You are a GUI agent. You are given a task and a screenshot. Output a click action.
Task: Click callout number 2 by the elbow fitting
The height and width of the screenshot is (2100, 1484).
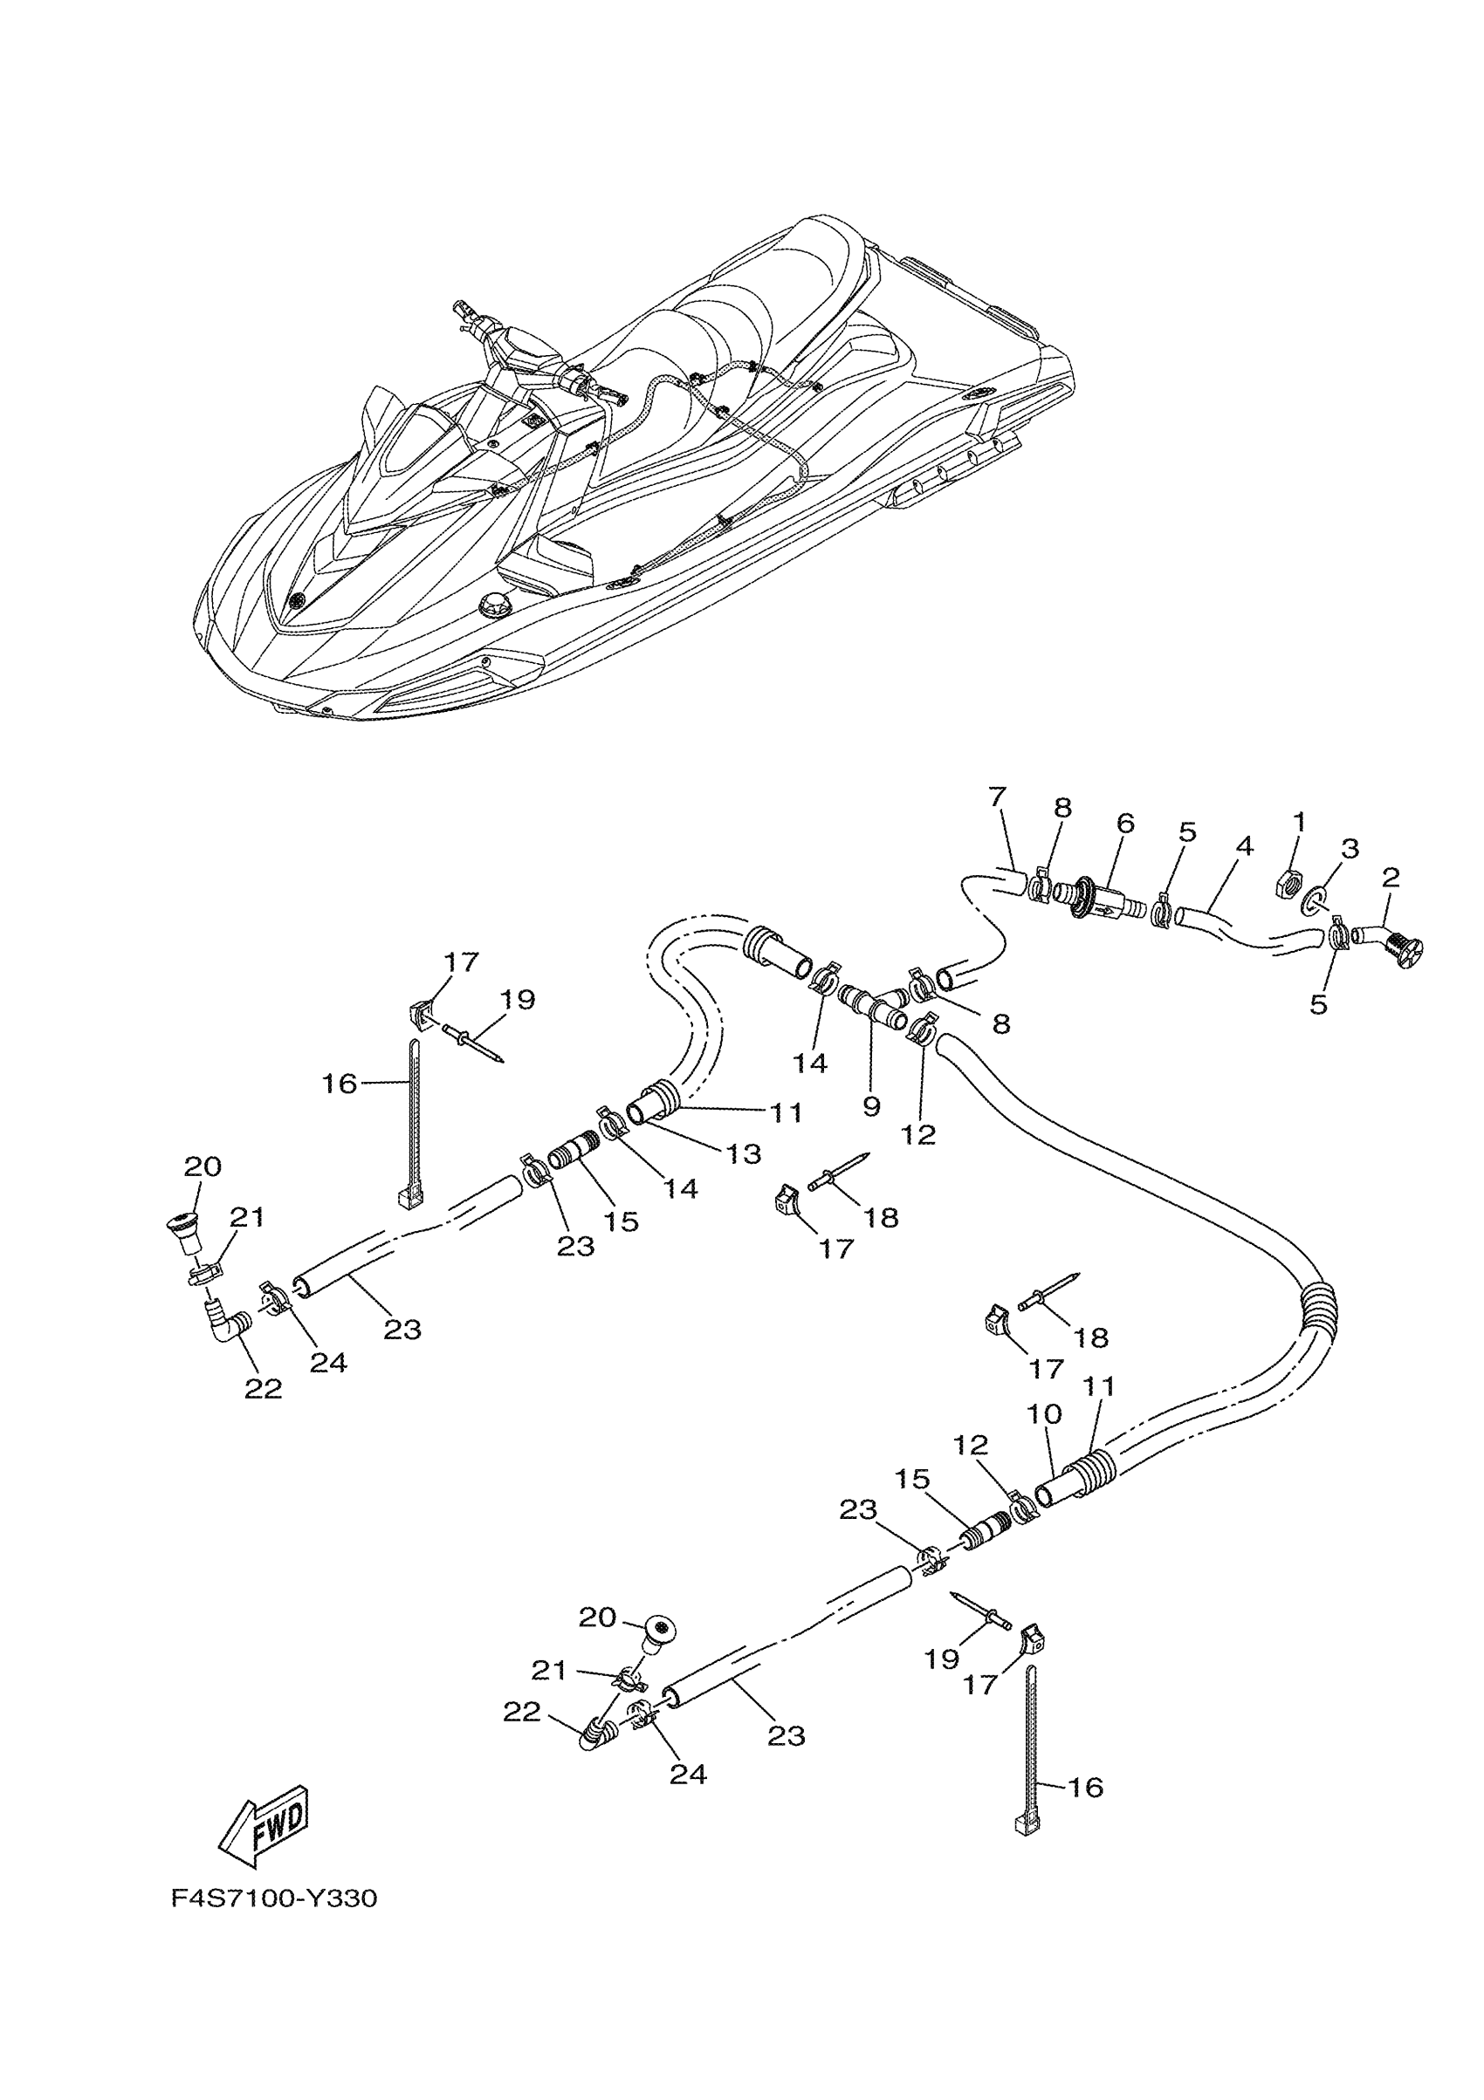pyautogui.click(x=1391, y=878)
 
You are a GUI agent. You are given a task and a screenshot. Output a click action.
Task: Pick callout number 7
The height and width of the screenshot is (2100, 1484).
pyautogui.click(x=997, y=796)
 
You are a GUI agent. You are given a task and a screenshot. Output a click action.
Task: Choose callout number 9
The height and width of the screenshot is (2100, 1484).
pyautogui.click(x=871, y=1105)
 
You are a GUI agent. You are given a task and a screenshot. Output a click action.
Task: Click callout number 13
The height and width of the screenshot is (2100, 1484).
pyautogui.click(x=744, y=1153)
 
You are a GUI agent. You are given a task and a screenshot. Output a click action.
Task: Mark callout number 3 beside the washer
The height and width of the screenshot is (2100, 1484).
pyautogui.click(x=1350, y=848)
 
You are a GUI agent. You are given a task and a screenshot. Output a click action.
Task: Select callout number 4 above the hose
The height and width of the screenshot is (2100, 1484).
pyautogui.click(x=1243, y=846)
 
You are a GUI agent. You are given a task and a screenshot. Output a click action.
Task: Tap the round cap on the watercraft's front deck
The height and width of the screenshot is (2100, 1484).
pyautogui.click(x=493, y=605)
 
